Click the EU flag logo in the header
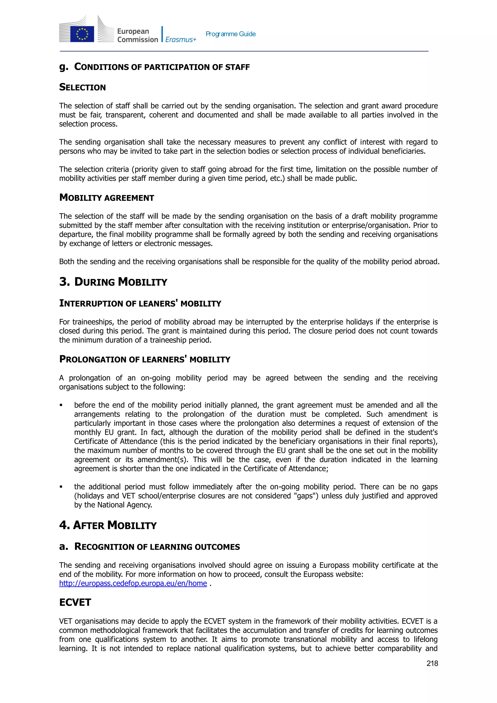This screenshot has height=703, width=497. [82, 34]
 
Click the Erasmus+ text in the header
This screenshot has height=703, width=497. [180, 40]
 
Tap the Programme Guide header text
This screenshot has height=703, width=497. [230, 34]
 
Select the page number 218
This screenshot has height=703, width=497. [432, 663]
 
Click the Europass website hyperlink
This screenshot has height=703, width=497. [133, 583]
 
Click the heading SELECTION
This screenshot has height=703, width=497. [82, 87]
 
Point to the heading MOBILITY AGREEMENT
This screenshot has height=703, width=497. [107, 198]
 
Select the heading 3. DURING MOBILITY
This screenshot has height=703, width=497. [113, 282]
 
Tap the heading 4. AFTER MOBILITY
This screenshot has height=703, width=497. [108, 525]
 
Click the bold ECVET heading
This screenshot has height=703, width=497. [75, 602]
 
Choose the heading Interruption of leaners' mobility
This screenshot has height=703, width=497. [140, 303]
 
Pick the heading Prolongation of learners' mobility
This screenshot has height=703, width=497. [145, 359]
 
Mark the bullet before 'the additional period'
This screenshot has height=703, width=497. [61, 487]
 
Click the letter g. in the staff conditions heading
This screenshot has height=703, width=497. [63, 67]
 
